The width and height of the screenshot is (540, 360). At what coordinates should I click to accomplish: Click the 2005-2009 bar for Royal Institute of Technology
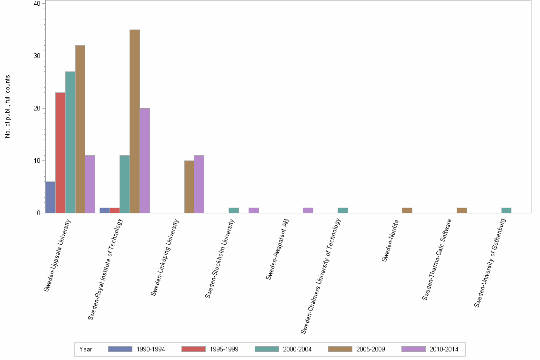[135, 121]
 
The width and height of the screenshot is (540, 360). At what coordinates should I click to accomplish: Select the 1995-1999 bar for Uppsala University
[60, 153]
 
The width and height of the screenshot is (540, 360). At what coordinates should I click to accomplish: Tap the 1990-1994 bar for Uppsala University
[50, 197]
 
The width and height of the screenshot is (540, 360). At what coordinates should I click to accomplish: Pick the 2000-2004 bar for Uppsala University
[70, 142]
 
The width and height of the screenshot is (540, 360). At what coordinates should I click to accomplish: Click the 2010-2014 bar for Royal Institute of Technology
[145, 160]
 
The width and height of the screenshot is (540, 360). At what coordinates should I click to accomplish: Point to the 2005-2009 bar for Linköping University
[189, 187]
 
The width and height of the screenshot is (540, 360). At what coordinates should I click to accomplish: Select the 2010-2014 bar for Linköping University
[199, 184]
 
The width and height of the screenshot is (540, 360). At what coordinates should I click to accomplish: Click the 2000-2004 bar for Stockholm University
[234, 210]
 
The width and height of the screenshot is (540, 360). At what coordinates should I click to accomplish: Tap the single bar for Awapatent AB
[308, 210]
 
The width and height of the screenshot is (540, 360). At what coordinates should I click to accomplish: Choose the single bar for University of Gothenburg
[506, 210]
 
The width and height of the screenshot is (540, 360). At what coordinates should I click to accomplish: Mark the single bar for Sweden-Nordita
[407, 210]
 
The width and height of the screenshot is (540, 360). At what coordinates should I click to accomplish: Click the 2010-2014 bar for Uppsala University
[90, 184]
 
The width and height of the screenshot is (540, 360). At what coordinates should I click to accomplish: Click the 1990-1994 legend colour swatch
[120, 349]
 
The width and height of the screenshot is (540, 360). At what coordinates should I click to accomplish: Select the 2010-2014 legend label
[444, 349]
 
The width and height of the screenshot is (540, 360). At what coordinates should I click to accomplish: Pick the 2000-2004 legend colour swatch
[267, 349]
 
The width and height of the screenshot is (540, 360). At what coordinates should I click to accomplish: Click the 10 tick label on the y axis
[37, 161]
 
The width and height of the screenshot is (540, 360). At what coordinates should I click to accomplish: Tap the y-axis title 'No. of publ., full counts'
[8, 107]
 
